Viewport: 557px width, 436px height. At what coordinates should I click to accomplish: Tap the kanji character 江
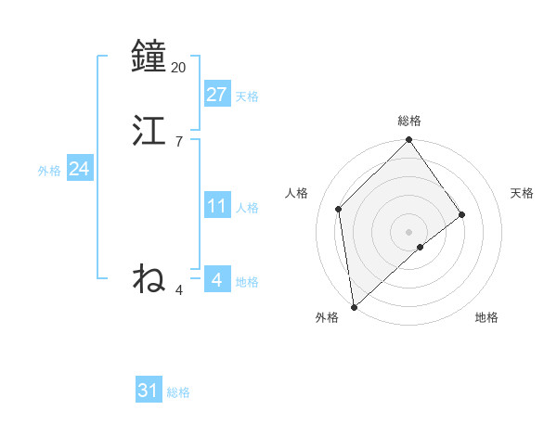tap(149, 131)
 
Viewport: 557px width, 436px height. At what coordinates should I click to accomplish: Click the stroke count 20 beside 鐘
tap(179, 68)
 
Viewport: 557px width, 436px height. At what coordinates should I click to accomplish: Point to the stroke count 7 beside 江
tap(179, 142)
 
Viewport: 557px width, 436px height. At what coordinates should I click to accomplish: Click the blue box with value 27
tap(217, 95)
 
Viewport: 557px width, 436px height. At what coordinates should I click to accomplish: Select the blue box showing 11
tap(217, 206)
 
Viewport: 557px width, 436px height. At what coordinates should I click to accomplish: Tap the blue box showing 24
tap(80, 169)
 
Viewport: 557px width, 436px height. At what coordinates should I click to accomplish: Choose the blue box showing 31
tap(149, 391)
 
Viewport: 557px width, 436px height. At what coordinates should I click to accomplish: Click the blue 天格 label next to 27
tap(247, 96)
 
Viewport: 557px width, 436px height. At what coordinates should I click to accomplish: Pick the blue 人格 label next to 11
tap(247, 208)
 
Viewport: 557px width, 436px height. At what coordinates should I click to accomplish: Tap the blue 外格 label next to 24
tap(49, 171)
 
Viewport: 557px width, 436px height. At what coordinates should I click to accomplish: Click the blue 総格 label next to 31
tap(178, 392)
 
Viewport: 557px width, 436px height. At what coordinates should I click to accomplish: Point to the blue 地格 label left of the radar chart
tap(247, 282)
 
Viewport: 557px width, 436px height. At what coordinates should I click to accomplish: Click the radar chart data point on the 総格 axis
tap(408, 141)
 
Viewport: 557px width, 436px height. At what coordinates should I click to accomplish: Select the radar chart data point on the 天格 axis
tap(462, 214)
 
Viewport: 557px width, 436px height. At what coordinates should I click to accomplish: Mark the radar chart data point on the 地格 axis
tap(421, 247)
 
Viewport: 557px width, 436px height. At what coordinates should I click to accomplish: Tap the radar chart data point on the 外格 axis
tap(354, 306)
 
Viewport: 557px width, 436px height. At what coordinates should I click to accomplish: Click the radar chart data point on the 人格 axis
tap(339, 209)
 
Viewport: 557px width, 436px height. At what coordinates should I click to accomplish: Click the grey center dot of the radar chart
tap(408, 231)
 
